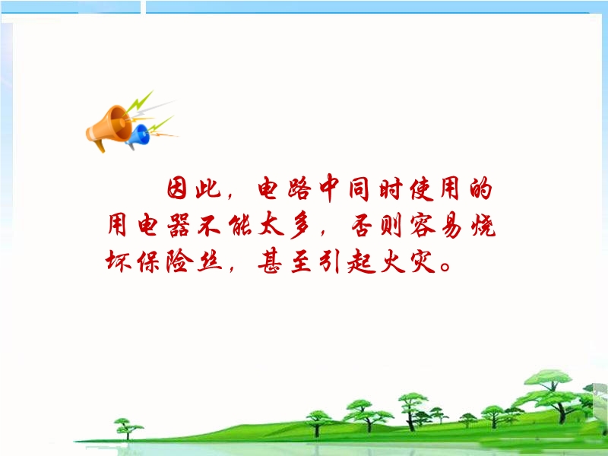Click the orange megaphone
109,127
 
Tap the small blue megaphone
138,136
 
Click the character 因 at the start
177,188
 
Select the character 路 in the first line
299,188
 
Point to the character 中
330,188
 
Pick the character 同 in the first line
359,188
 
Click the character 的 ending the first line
481,188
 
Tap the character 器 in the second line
179,225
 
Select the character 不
209,225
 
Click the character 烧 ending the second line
483,225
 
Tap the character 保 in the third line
148,261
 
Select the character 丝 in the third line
210,261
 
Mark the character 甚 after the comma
270,261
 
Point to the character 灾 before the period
422,261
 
